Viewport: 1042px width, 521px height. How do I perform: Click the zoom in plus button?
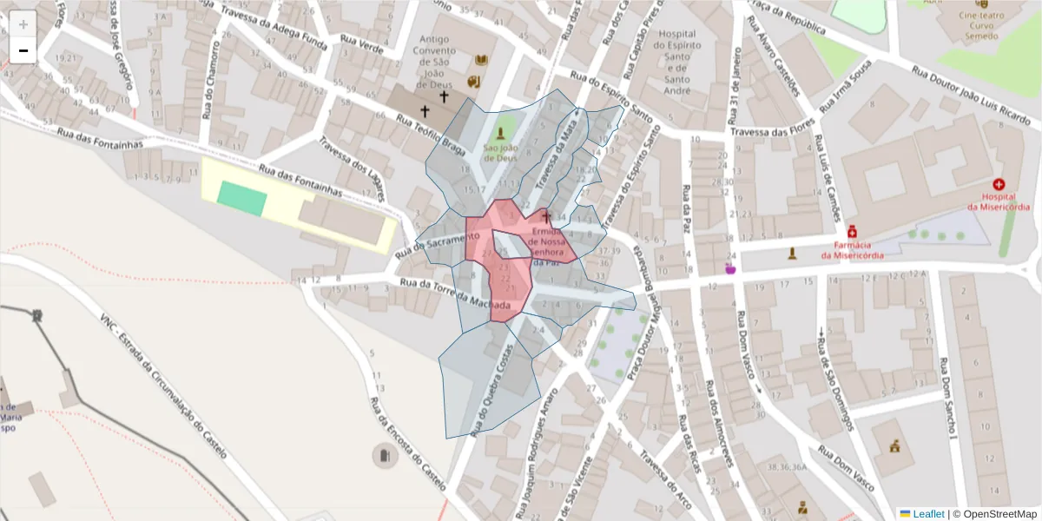pos(23,23)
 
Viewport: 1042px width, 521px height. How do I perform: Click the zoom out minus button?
pos(23,50)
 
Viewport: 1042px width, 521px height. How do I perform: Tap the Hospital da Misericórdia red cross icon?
pos(999,185)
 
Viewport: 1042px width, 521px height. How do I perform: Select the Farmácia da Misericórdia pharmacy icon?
pos(853,233)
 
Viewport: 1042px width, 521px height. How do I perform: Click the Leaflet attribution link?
pos(928,514)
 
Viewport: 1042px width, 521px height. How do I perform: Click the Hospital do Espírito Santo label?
pos(677,62)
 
